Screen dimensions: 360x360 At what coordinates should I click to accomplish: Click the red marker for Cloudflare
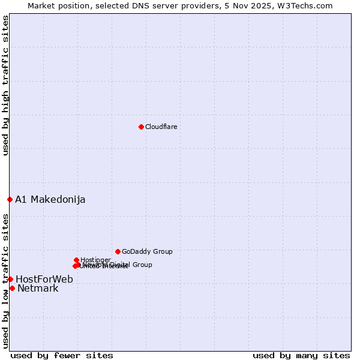(x=141, y=127)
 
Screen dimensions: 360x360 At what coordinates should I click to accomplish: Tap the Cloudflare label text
(x=161, y=127)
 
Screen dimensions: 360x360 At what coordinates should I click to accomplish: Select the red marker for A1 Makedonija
(x=10, y=199)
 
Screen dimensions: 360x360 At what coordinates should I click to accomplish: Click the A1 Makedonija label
(x=50, y=199)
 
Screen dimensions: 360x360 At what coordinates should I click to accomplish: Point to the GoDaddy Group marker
(x=118, y=251)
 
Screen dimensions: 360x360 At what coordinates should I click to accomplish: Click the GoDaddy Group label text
(x=147, y=251)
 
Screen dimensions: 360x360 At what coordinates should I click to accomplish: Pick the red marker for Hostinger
(x=76, y=260)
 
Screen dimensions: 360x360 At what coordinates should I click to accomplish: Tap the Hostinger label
(x=95, y=260)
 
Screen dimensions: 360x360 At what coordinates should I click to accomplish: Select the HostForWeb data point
(x=10, y=279)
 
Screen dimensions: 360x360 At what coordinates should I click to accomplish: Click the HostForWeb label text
(x=44, y=279)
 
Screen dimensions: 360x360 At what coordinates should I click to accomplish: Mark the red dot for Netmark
(x=12, y=288)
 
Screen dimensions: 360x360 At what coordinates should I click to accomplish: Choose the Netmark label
(x=38, y=289)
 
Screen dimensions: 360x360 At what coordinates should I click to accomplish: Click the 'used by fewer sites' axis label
(x=62, y=355)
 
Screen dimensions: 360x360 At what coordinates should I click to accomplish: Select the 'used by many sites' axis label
(x=301, y=355)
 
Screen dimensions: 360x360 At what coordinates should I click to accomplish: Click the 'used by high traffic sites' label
(x=5, y=85)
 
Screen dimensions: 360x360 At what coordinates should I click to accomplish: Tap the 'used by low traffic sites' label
(x=5, y=281)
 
